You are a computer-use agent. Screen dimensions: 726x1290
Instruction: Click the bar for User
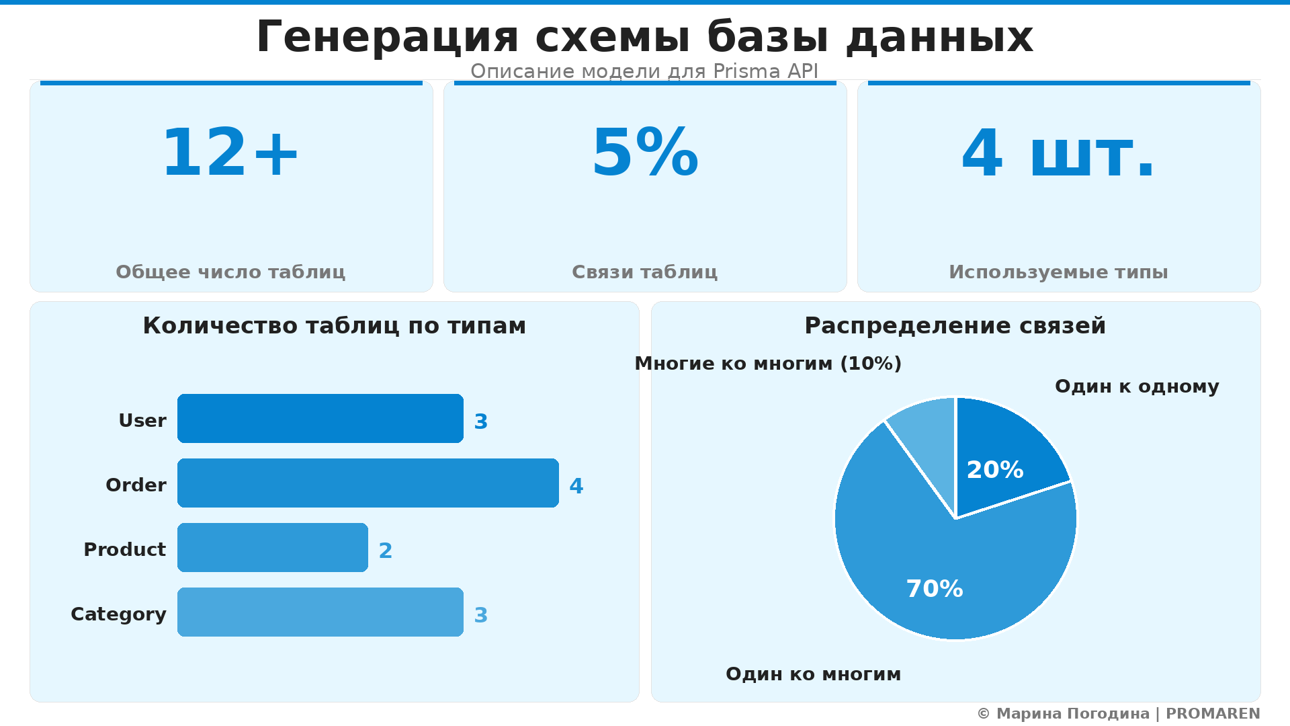[320, 419]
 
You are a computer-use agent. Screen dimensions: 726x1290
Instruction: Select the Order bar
[368, 483]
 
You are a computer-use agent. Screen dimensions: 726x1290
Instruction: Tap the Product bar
[272, 548]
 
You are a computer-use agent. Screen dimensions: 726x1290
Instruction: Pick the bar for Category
[320, 612]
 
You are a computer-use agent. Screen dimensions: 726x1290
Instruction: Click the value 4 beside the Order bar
[576, 486]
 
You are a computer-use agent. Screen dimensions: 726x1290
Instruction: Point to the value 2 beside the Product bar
[385, 551]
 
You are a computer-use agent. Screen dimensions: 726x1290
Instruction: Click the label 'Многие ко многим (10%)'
[768, 364]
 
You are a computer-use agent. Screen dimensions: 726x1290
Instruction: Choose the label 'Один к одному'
[1137, 387]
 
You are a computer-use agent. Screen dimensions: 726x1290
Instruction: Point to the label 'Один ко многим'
[813, 674]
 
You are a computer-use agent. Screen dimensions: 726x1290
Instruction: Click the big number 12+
[230, 154]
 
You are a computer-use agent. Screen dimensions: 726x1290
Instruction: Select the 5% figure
[645, 154]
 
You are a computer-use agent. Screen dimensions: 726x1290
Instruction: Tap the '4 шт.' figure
[1058, 154]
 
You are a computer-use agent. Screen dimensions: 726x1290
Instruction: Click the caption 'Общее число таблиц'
[230, 272]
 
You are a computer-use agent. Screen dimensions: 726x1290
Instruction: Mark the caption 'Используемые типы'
[1058, 272]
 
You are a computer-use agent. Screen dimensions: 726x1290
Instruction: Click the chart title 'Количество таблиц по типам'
[334, 326]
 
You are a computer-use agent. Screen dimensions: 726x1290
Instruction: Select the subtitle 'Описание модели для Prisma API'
[644, 71]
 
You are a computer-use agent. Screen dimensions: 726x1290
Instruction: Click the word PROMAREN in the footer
[1213, 714]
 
